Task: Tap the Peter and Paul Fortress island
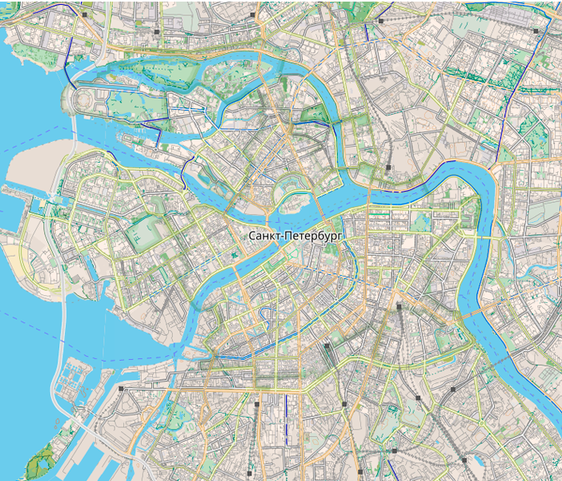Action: pos(293,192)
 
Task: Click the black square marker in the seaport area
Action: pos(120,388)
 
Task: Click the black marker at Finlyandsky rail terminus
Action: pos(387,167)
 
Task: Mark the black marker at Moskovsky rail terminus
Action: pos(398,305)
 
